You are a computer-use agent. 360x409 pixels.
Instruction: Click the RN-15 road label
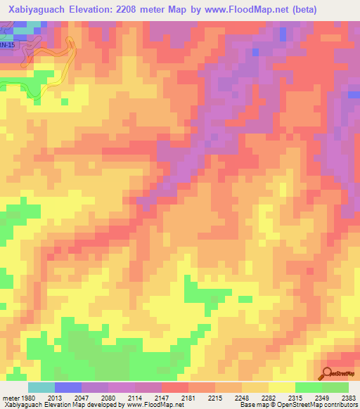[6, 44]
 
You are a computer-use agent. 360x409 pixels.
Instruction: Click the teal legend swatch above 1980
[41, 387]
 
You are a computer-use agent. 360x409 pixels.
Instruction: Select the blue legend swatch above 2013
[67, 387]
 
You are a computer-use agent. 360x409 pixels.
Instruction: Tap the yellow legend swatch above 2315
[281, 387]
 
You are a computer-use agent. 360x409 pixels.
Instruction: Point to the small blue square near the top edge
[283, 33]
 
